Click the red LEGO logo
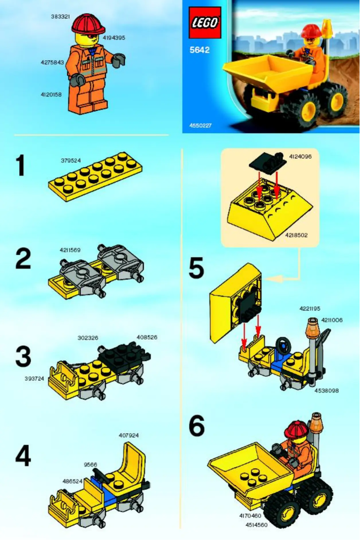click(205, 22)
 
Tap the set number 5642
click(199, 50)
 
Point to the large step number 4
click(23, 456)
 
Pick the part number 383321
click(61, 16)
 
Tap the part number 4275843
click(53, 63)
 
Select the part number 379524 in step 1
click(70, 160)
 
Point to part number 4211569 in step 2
click(70, 250)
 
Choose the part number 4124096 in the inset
click(300, 157)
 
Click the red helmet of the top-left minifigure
click(88, 23)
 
